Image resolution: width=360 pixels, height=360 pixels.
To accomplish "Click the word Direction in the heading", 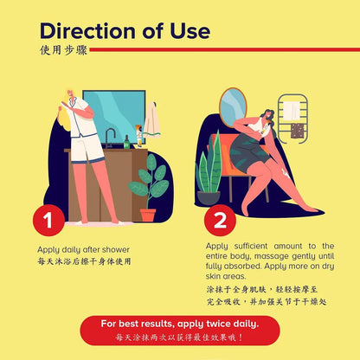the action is (87, 31).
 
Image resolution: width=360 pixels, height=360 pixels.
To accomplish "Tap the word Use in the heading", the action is (190, 31).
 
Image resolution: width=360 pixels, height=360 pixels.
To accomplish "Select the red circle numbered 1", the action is (48, 220).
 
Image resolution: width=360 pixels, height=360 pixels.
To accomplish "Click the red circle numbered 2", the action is (220, 220).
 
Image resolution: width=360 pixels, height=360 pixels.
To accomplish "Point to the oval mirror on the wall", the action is (233, 107).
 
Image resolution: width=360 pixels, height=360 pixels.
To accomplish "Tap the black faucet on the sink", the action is (109, 138).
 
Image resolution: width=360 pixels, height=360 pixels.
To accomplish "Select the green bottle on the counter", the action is (126, 142).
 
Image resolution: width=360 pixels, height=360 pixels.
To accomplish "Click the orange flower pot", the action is (148, 215).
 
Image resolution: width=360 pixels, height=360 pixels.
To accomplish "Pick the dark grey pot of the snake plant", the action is (209, 198).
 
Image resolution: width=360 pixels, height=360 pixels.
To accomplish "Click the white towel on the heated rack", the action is (292, 111).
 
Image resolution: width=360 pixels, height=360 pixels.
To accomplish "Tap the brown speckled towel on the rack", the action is (298, 131).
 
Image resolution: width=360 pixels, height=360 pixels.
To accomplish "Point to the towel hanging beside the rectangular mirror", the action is (152, 120).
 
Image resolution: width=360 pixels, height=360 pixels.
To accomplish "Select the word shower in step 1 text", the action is (115, 249).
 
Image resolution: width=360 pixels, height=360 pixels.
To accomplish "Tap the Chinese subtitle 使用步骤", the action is (63, 50).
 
